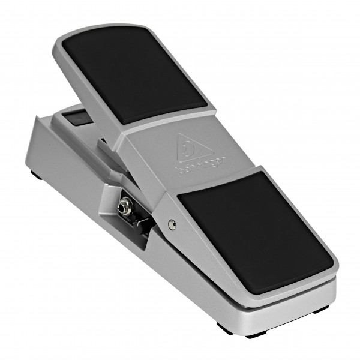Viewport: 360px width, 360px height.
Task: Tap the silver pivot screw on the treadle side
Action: pyautogui.click(x=172, y=224)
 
